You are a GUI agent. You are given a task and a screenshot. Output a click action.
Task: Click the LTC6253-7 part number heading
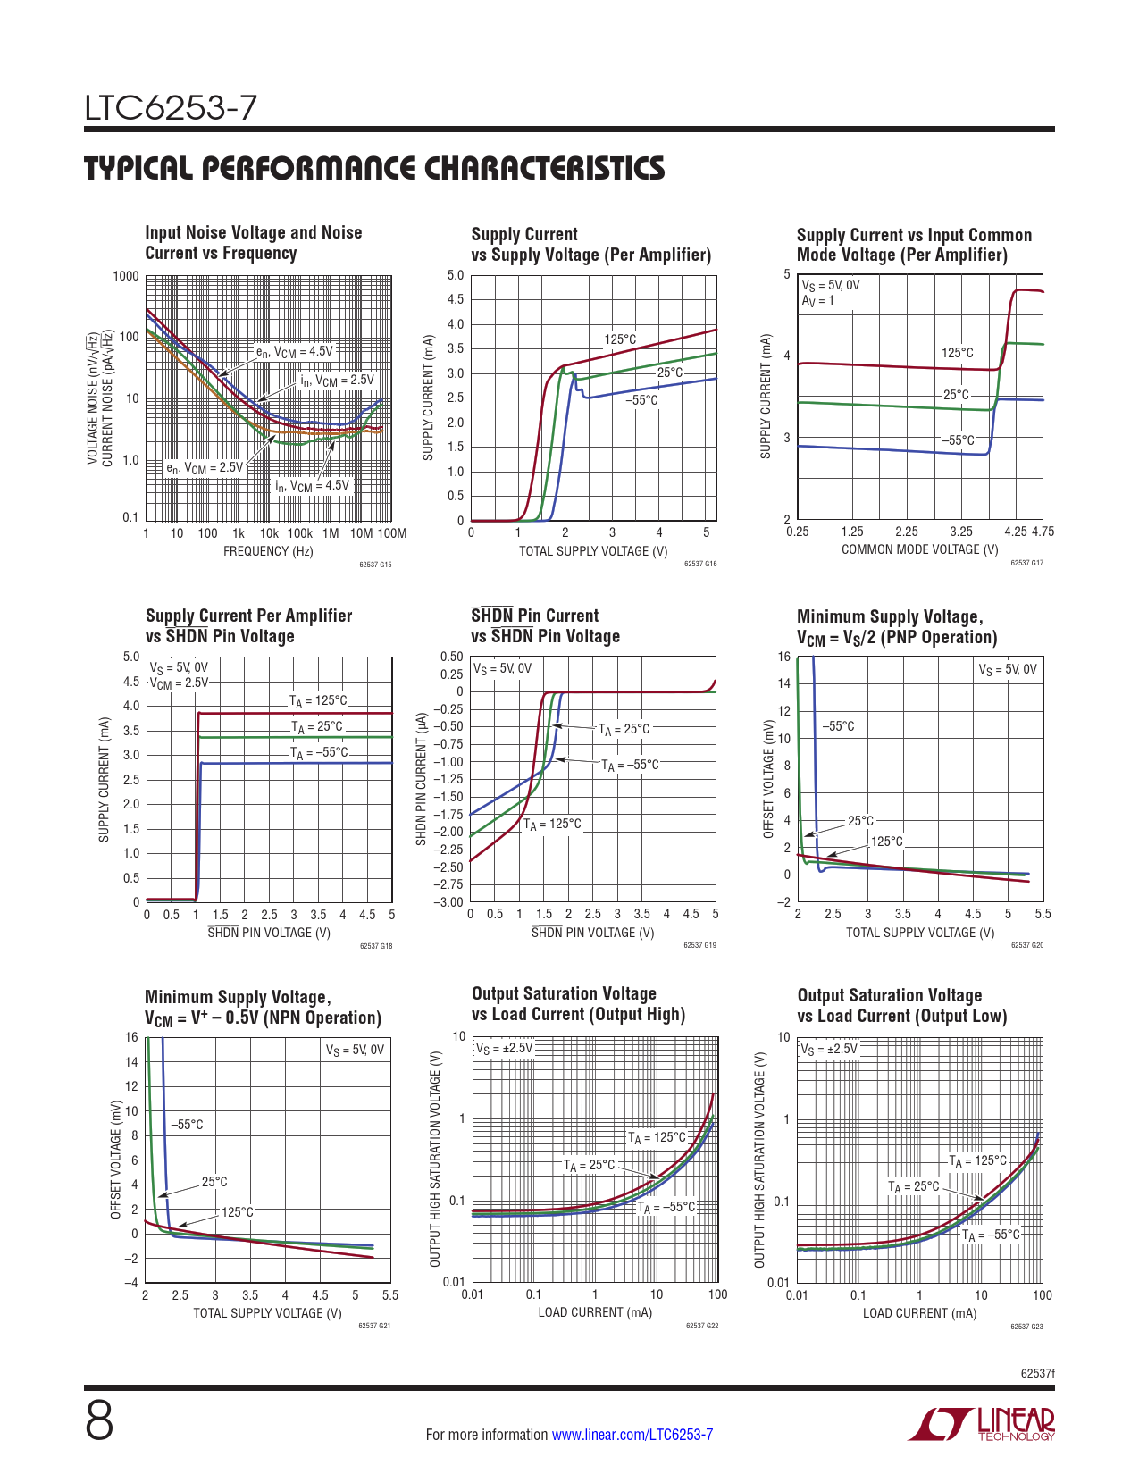point(171,109)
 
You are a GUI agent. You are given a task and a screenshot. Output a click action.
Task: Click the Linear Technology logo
point(981,1424)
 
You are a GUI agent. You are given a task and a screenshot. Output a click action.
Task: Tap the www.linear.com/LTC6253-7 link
point(632,1435)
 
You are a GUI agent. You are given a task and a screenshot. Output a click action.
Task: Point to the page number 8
point(99,1421)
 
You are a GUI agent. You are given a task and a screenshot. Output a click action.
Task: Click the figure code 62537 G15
point(375,565)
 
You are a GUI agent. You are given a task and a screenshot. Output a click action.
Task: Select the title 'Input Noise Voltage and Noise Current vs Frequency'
point(254,243)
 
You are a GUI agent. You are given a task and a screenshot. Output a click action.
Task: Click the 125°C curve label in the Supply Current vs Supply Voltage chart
point(620,339)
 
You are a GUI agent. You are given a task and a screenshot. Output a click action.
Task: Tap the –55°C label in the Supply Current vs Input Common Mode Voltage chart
point(958,440)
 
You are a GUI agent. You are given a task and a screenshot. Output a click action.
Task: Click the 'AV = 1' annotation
point(817,301)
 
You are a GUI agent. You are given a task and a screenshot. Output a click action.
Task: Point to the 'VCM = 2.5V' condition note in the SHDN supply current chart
point(179,683)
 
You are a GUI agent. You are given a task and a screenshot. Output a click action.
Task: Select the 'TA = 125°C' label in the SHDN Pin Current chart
point(552,825)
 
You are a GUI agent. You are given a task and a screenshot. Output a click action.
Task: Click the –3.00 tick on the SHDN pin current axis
point(448,903)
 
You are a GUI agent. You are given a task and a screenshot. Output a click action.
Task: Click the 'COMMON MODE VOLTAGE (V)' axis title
point(919,550)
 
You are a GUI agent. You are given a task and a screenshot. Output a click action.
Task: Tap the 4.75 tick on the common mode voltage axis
point(1043,532)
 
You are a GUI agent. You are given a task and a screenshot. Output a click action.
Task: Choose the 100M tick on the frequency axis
point(391,534)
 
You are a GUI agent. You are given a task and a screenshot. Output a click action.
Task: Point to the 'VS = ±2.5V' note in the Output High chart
point(504,1048)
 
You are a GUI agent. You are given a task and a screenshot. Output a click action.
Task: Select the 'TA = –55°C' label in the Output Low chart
point(991,1235)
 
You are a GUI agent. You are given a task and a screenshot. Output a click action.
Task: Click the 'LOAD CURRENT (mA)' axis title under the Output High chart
point(595,1312)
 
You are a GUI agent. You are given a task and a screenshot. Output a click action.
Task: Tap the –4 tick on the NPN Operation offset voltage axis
point(131,1283)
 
